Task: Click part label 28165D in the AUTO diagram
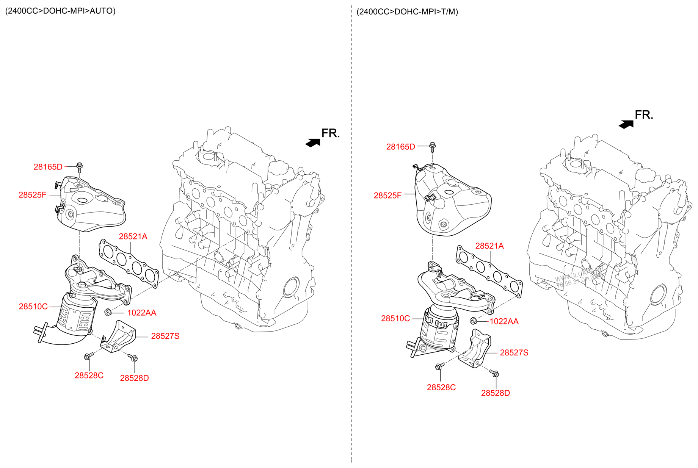coord(48,167)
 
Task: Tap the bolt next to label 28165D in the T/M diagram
coord(432,146)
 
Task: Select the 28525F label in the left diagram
coord(32,195)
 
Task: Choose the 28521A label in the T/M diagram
coord(489,246)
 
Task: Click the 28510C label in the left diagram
coord(33,307)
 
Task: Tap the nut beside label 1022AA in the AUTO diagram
coord(107,313)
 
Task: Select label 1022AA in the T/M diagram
coord(504,321)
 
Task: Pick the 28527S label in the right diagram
coord(514,353)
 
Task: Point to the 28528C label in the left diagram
coord(89,376)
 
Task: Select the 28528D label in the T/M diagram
coord(495,393)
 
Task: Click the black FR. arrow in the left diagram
coord(313,143)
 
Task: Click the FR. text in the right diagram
coord(644,115)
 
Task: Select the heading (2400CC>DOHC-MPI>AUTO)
coord(60,11)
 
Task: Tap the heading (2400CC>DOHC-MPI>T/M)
coord(407,12)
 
